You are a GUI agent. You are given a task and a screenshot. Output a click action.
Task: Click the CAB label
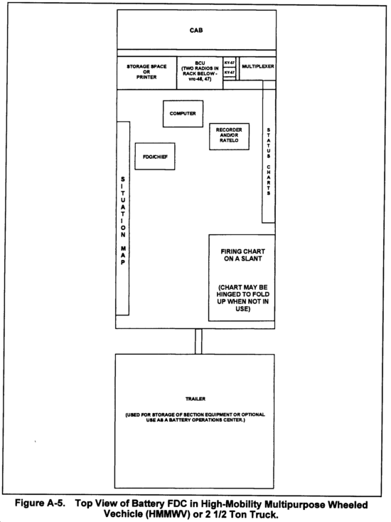point(196,31)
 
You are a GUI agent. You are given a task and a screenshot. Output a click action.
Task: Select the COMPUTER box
point(183,114)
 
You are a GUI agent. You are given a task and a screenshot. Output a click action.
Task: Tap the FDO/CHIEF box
point(155,157)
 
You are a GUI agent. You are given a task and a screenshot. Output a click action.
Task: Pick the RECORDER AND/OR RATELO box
point(229,137)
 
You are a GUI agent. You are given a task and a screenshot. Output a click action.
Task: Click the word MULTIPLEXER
point(258,66)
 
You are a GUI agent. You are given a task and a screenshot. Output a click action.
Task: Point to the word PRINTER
point(146,77)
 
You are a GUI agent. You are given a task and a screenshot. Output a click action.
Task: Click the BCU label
point(200,63)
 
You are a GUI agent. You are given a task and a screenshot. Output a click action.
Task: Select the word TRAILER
point(195,399)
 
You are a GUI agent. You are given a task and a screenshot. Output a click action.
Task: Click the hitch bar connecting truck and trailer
point(198,341)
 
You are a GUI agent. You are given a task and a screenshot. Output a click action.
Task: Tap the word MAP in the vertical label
point(123,256)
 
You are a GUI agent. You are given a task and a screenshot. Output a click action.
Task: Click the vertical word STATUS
point(269,143)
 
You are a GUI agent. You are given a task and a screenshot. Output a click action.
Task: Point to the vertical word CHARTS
point(269,180)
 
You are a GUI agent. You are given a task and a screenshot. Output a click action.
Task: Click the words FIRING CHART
point(243,251)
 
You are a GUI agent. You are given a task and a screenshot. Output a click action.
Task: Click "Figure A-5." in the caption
point(40,503)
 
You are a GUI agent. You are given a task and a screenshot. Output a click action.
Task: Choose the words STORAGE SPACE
point(146,66)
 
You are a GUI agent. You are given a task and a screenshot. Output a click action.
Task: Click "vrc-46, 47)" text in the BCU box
point(200,79)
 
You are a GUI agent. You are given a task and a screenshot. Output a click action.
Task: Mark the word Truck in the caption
point(265,514)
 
